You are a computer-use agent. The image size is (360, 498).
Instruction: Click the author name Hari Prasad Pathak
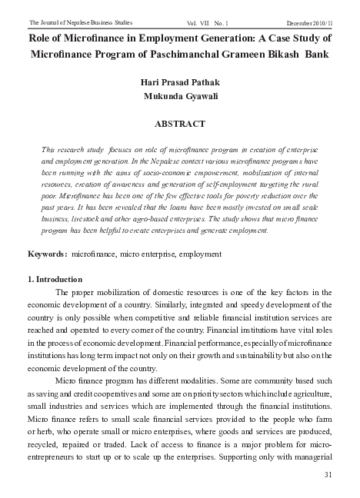pos(180,81)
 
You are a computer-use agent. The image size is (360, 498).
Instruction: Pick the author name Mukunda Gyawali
pos(180,96)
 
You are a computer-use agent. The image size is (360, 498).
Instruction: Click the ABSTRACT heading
pos(180,124)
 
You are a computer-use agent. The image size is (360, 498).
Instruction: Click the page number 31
pos(328,474)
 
